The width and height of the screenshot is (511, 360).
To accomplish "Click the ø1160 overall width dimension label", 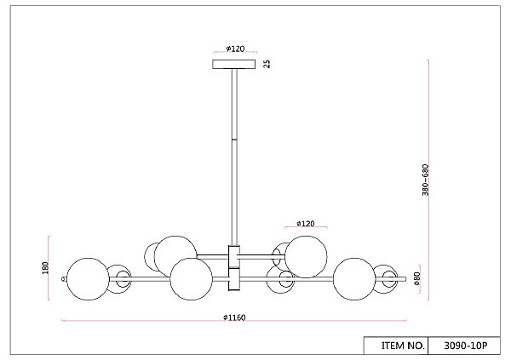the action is coord(234,317).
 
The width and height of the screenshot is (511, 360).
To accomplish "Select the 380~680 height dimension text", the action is coord(425,180).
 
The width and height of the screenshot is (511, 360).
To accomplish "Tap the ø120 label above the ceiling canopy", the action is coord(235,49).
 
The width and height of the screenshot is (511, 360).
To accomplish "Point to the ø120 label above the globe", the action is coord(306,224).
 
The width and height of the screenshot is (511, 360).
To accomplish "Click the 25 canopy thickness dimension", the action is coord(267,64).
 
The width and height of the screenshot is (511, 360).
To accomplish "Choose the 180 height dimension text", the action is coord(45,268).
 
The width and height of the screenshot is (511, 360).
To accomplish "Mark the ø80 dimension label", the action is coord(416,278).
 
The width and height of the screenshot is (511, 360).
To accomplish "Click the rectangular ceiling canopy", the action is coord(234,64).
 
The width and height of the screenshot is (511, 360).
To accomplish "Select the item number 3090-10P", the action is coord(465,346).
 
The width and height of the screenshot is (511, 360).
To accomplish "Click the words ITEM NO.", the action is coord(403,346).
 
